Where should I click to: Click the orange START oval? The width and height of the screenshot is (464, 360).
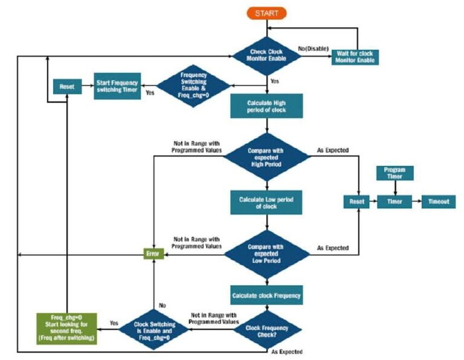click(266, 13)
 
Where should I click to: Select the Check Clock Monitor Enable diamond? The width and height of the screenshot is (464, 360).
click(266, 56)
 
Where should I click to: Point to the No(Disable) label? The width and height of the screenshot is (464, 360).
click(313, 47)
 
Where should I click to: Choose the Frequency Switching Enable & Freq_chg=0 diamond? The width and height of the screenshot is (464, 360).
click(193, 86)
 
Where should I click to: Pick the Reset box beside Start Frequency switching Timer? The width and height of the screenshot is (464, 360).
click(66, 87)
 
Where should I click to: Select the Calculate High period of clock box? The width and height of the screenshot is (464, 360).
click(266, 107)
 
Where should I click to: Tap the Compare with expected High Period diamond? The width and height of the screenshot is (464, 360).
click(266, 156)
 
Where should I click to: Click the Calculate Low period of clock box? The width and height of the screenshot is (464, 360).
click(266, 202)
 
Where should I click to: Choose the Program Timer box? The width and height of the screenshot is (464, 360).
click(395, 173)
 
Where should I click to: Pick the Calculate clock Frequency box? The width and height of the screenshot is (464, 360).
click(266, 296)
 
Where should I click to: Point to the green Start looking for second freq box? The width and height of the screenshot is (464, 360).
click(66, 328)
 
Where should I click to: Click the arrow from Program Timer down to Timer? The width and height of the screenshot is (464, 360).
click(395, 188)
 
